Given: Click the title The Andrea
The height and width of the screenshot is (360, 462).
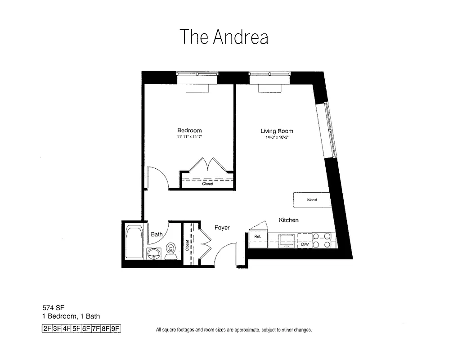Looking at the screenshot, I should pyautogui.click(x=224, y=37).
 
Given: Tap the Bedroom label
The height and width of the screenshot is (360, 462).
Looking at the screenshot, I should pyautogui.click(x=189, y=130).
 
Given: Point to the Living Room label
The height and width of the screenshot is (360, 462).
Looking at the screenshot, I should pyautogui.click(x=277, y=131).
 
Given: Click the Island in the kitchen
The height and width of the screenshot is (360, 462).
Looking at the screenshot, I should pyautogui.click(x=312, y=199).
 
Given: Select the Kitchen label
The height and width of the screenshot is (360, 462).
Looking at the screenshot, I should pyautogui.click(x=288, y=220).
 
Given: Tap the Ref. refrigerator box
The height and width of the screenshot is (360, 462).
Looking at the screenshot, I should pyautogui.click(x=258, y=237).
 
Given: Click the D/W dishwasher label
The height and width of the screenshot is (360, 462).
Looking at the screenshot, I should pyautogui.click(x=305, y=244).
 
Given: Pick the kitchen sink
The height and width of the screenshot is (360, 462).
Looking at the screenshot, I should pyautogui.click(x=286, y=239).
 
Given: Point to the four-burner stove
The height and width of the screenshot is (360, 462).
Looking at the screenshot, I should pyautogui.click(x=322, y=240).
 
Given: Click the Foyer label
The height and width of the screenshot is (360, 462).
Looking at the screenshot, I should pyautogui.click(x=222, y=228).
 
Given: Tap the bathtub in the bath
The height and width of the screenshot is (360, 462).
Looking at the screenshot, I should pyautogui.click(x=134, y=242).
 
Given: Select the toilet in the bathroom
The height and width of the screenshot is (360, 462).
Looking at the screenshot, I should pyautogui.click(x=170, y=251).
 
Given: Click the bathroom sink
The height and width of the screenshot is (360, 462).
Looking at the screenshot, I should pyautogui.click(x=154, y=254).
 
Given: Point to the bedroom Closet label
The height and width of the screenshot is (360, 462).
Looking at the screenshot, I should pyautogui.click(x=207, y=184).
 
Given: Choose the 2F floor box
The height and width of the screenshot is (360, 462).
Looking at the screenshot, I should pyautogui.click(x=47, y=328).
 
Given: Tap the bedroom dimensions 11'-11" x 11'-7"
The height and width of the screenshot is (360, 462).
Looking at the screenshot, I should pyautogui.click(x=189, y=136).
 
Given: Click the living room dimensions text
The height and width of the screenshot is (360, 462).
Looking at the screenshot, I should pyautogui.click(x=277, y=138).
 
